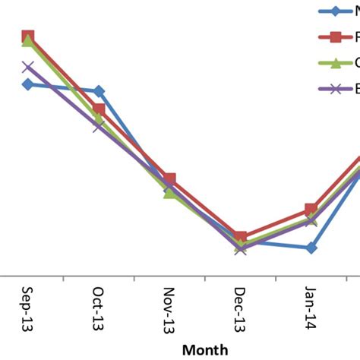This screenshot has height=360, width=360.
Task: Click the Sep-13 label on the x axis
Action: click(x=27, y=311)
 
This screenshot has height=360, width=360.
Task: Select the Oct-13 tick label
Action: click(x=98, y=311)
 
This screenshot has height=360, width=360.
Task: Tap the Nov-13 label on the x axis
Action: click(x=169, y=311)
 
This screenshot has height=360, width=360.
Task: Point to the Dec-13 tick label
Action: click(x=240, y=311)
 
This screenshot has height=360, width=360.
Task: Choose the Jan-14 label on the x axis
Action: click(x=311, y=308)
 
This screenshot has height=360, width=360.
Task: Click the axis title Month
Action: click(x=205, y=350)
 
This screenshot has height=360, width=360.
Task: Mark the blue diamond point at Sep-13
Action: click(x=27, y=84)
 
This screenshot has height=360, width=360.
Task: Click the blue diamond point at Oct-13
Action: click(x=99, y=91)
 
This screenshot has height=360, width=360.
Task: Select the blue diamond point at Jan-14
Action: click(x=311, y=248)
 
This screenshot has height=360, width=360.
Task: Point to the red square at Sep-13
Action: click(x=28, y=36)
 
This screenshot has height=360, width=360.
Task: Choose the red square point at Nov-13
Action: click(x=169, y=178)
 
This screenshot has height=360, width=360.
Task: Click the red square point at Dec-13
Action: click(x=240, y=238)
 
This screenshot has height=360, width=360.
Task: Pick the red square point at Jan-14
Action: click(x=311, y=209)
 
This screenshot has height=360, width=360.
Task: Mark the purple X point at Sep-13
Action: click(x=28, y=67)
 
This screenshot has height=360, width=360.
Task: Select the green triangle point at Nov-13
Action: click(x=169, y=192)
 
